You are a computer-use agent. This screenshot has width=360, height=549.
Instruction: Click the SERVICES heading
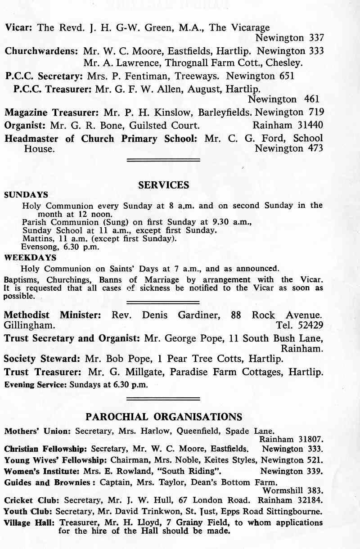(164, 185)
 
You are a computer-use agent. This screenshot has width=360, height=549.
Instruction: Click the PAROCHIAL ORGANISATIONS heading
(164, 416)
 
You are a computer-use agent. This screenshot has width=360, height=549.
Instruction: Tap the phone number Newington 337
(289, 38)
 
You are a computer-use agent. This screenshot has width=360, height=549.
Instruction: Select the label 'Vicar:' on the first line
(18, 27)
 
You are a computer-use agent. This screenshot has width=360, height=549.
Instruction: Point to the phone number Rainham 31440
(288, 125)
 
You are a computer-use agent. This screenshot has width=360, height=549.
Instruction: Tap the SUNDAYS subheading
(26, 195)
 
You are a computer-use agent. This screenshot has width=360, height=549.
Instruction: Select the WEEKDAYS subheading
(30, 258)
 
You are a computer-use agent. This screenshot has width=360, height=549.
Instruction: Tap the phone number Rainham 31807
(292, 439)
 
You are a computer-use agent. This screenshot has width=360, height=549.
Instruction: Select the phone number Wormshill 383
(293, 490)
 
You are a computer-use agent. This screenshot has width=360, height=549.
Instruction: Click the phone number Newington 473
(289, 148)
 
